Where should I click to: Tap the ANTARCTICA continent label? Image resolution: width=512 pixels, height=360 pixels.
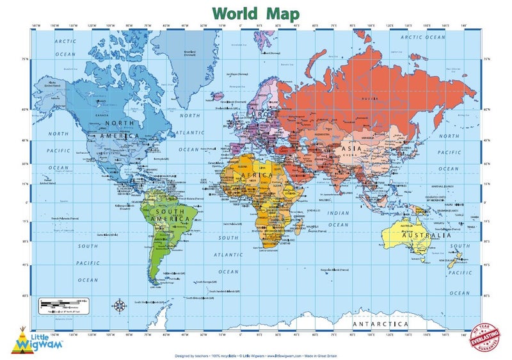coord(380,324)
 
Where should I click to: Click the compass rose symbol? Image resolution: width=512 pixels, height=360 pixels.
coord(120,305)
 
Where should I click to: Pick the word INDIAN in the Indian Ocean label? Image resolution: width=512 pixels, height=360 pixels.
coord(337,213)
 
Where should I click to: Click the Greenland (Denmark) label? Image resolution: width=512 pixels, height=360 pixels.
coord(190,53)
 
